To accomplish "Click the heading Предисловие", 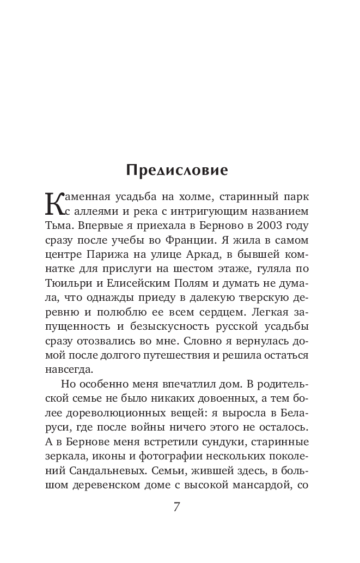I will [x=177, y=170].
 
